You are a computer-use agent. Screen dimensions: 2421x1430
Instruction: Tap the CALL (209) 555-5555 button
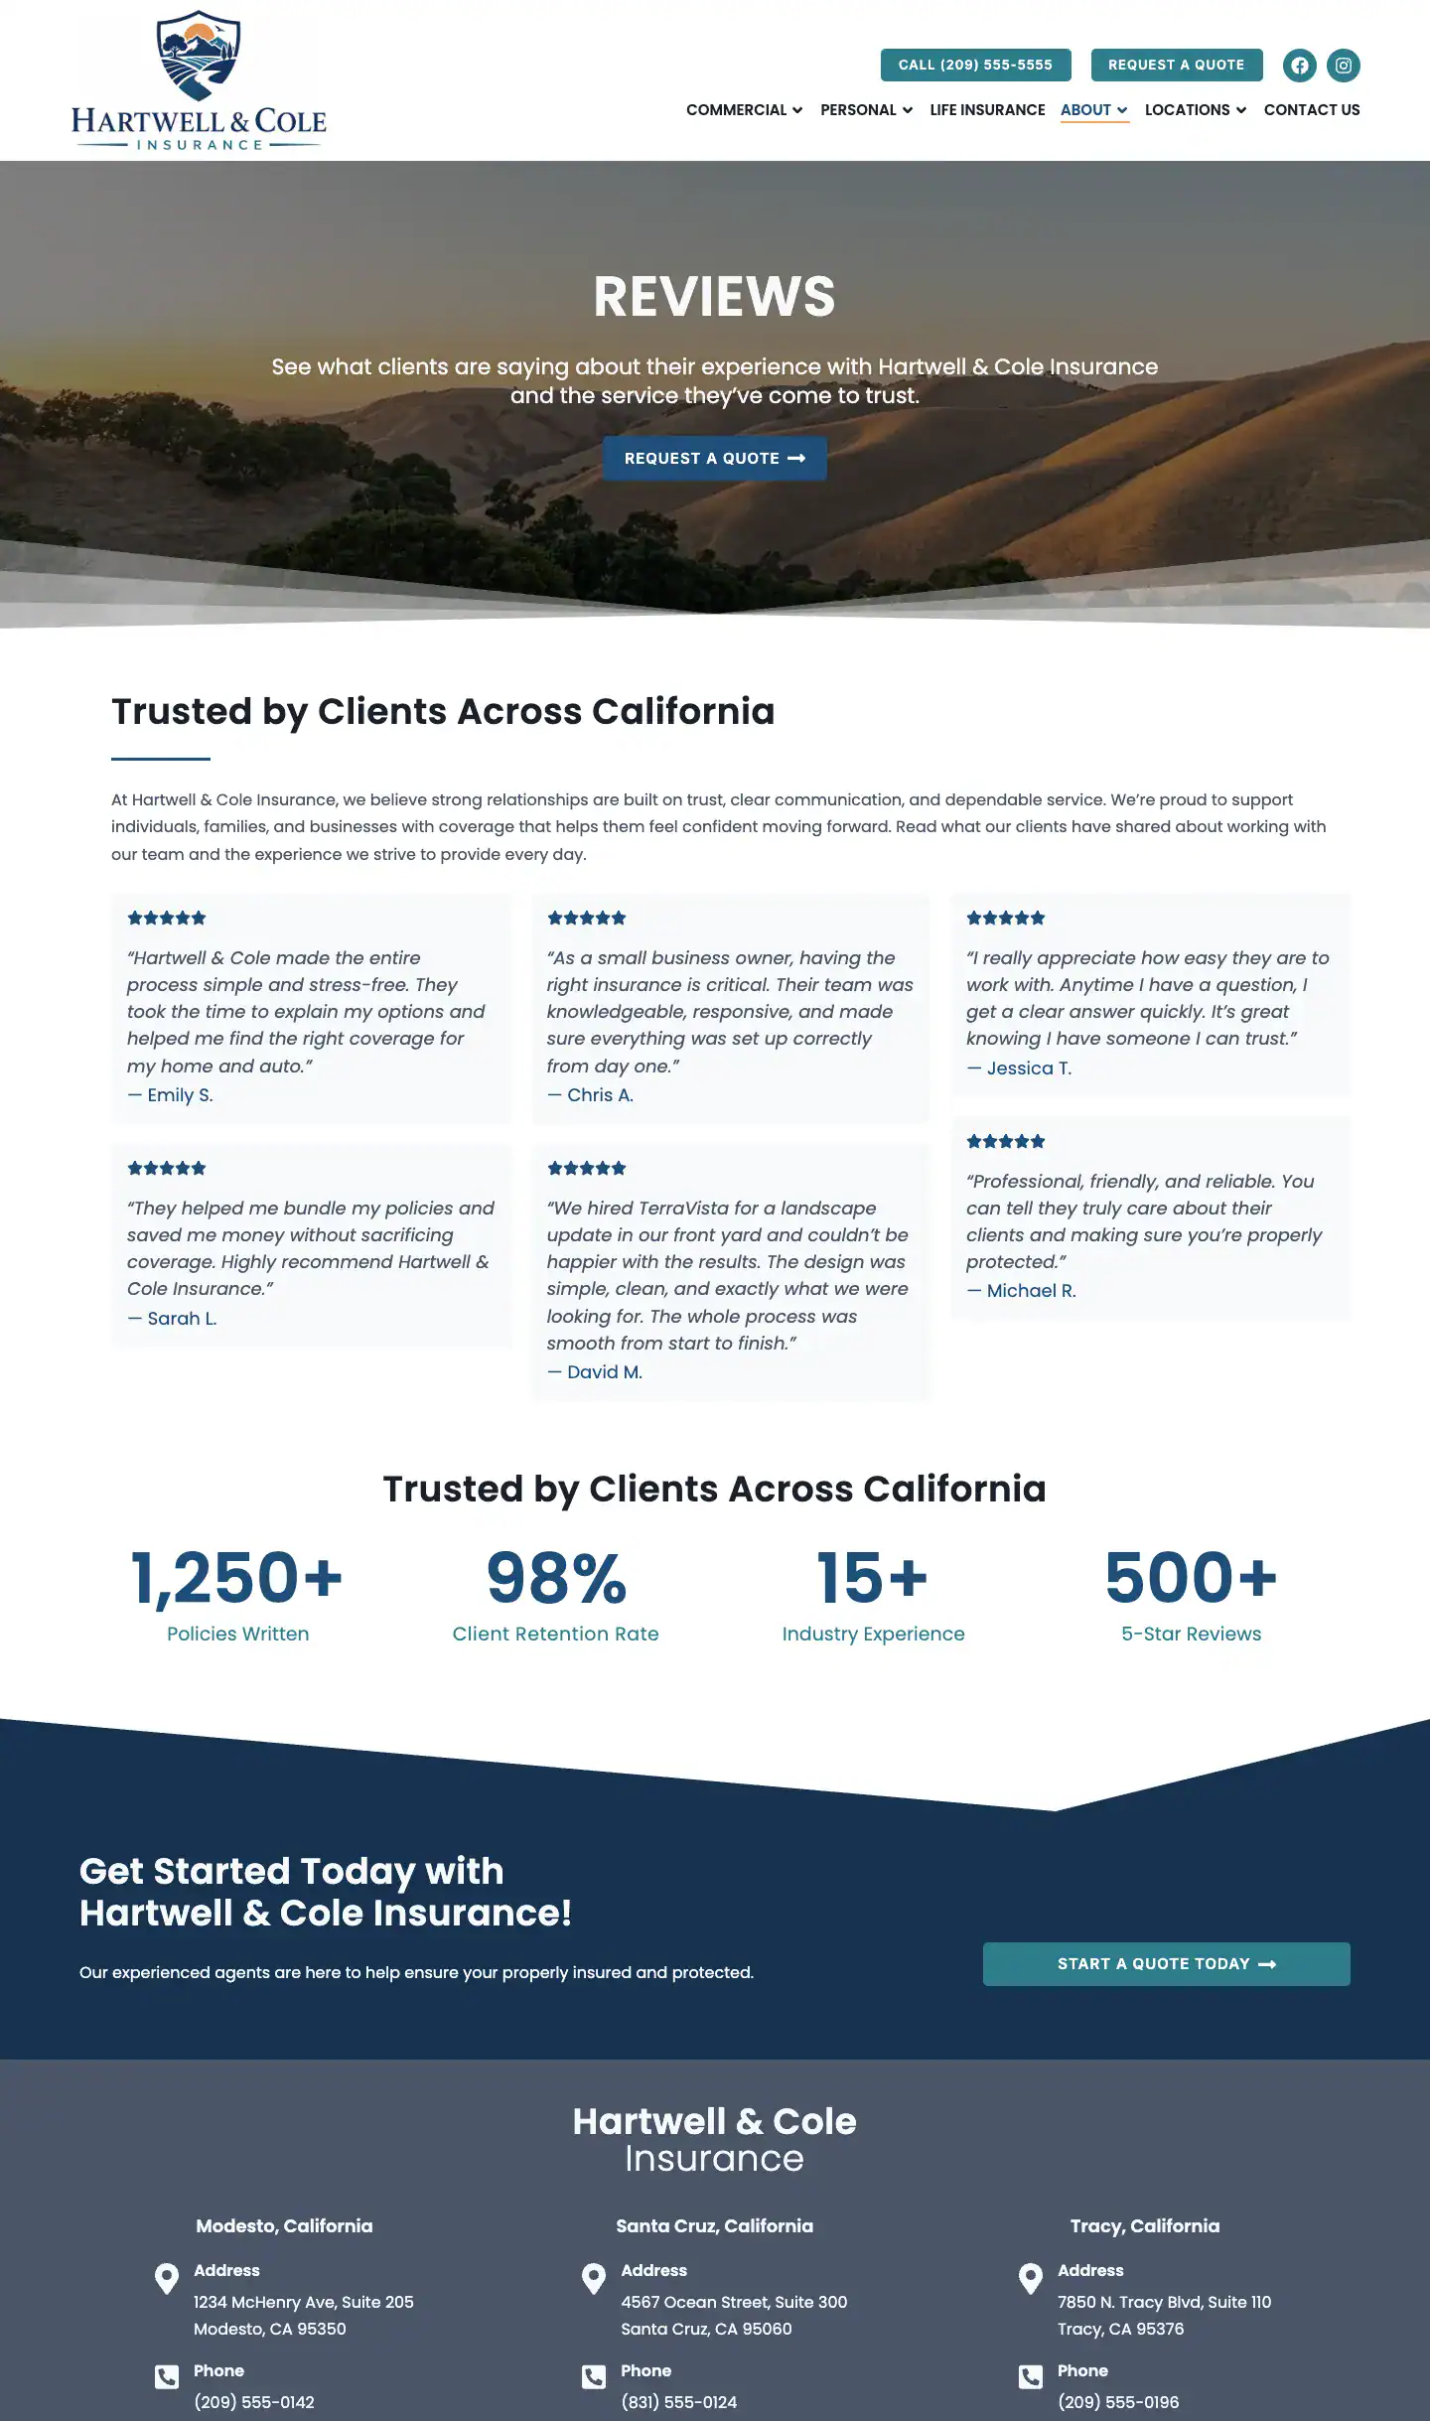point(975,65)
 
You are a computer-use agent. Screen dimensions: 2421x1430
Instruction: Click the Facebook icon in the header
point(1299,66)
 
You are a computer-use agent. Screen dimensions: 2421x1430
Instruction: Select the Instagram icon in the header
point(1343,66)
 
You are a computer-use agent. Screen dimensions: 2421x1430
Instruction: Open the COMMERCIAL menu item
point(744,110)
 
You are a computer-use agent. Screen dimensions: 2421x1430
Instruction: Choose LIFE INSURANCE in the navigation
point(987,110)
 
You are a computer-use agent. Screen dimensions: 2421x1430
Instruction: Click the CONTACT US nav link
point(1311,110)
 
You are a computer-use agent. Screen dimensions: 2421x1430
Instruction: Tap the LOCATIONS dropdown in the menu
point(1195,110)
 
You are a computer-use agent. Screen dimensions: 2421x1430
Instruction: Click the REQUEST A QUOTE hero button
point(714,459)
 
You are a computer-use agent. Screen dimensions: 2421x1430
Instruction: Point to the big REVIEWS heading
point(714,296)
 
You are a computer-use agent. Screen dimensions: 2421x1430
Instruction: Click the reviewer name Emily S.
point(180,1095)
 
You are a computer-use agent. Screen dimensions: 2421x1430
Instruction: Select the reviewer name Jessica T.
point(1029,1068)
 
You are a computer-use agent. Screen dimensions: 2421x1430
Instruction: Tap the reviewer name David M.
point(604,1372)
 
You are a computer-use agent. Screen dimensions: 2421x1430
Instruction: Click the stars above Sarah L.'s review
point(167,1169)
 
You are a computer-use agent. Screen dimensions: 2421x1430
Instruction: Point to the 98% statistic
point(556,1578)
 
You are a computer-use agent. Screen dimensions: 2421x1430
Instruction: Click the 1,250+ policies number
point(237,1578)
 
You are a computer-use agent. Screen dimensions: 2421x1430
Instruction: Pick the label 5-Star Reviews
point(1191,1635)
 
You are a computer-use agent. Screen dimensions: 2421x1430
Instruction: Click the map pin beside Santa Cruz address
point(594,2278)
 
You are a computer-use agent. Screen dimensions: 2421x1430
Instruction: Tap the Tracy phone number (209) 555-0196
point(1118,2402)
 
